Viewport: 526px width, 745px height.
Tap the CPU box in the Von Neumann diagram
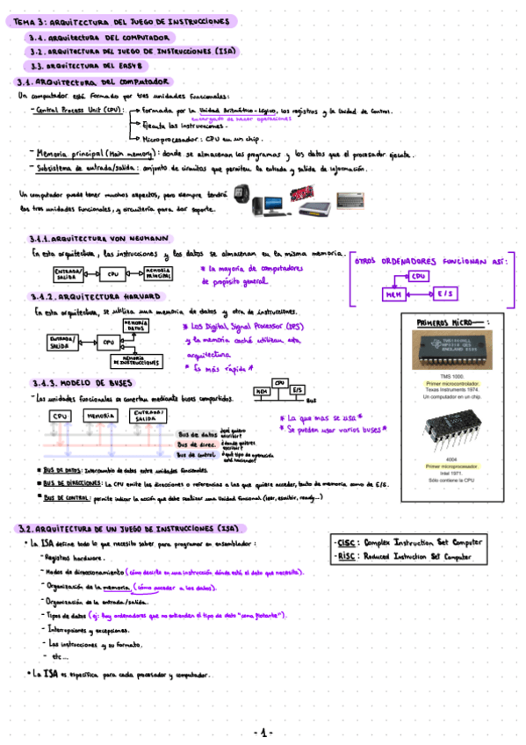[112, 274]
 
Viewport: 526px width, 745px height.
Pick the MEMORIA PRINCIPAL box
[158, 274]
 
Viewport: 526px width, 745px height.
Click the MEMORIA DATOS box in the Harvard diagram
[134, 326]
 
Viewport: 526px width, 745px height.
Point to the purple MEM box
[393, 295]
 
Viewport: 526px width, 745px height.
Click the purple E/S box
[443, 295]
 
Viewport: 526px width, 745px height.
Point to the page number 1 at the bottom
[263, 731]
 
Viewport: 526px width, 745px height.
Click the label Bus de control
[194, 455]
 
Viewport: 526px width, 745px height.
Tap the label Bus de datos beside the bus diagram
[196, 434]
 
